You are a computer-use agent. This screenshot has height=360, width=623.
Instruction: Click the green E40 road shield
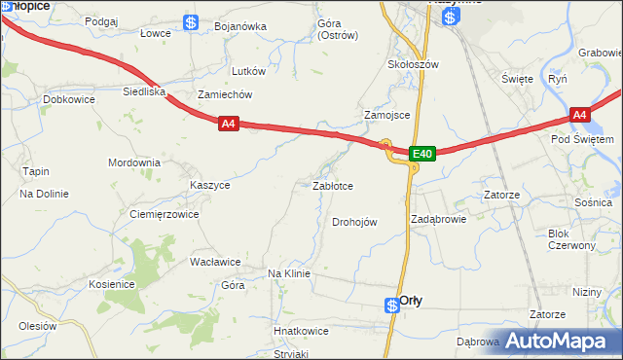[x=421, y=154]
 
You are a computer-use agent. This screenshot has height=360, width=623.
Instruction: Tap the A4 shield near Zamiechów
[x=228, y=124]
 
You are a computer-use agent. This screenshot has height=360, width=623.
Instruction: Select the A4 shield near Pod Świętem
[x=580, y=115]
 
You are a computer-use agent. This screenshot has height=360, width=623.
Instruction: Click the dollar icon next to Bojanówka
[x=192, y=22]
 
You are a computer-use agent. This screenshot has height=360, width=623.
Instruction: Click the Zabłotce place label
[x=332, y=185]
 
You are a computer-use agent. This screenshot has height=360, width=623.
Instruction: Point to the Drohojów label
[x=354, y=222]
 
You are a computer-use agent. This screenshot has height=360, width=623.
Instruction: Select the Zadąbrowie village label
[x=438, y=219]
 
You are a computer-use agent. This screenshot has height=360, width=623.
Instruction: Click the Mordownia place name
[x=133, y=162]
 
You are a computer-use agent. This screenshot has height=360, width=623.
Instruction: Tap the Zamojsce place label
[x=386, y=115]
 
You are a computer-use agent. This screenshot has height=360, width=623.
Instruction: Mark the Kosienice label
[x=110, y=284]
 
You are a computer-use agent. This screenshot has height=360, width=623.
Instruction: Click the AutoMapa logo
[x=562, y=341]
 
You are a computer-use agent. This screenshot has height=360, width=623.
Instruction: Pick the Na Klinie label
[x=288, y=274]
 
